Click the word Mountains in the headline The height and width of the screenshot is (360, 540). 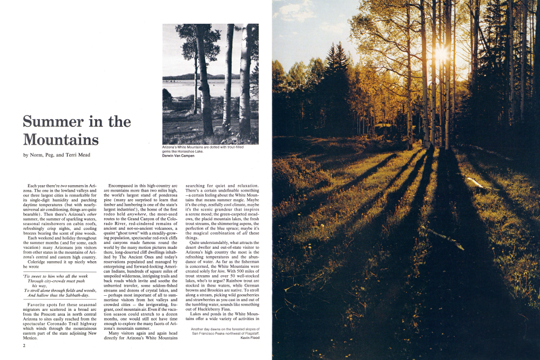pos(61,140)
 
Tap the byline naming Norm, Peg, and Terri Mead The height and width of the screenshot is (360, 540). pos(56,155)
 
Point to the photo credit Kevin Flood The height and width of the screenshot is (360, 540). pos(249,338)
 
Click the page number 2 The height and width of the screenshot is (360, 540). pos(25,346)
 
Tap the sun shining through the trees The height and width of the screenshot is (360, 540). pos(441,53)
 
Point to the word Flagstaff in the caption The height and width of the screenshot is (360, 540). pos(248,334)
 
